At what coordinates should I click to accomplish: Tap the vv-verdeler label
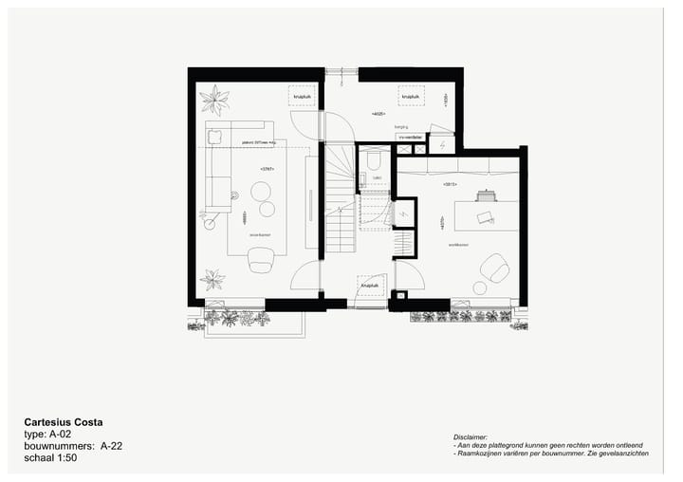click(x=411, y=137)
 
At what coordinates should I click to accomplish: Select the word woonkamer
click(x=261, y=233)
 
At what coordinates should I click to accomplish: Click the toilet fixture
click(x=373, y=159)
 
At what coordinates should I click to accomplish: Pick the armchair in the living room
click(x=261, y=257)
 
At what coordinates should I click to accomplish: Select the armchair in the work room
click(x=493, y=268)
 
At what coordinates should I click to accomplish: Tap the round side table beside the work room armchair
click(x=480, y=287)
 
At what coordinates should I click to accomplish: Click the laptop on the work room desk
click(x=484, y=216)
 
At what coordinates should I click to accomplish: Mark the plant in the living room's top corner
click(x=214, y=98)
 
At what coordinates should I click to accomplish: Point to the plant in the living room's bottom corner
click(x=212, y=279)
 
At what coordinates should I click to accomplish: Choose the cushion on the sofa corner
click(x=214, y=134)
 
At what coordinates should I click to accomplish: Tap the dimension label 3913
click(x=450, y=183)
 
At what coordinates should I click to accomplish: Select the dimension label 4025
click(x=378, y=114)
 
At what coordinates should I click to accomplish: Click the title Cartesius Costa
click(x=64, y=421)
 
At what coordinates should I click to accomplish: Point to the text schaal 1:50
click(x=50, y=457)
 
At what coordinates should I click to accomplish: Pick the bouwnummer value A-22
click(x=111, y=445)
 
